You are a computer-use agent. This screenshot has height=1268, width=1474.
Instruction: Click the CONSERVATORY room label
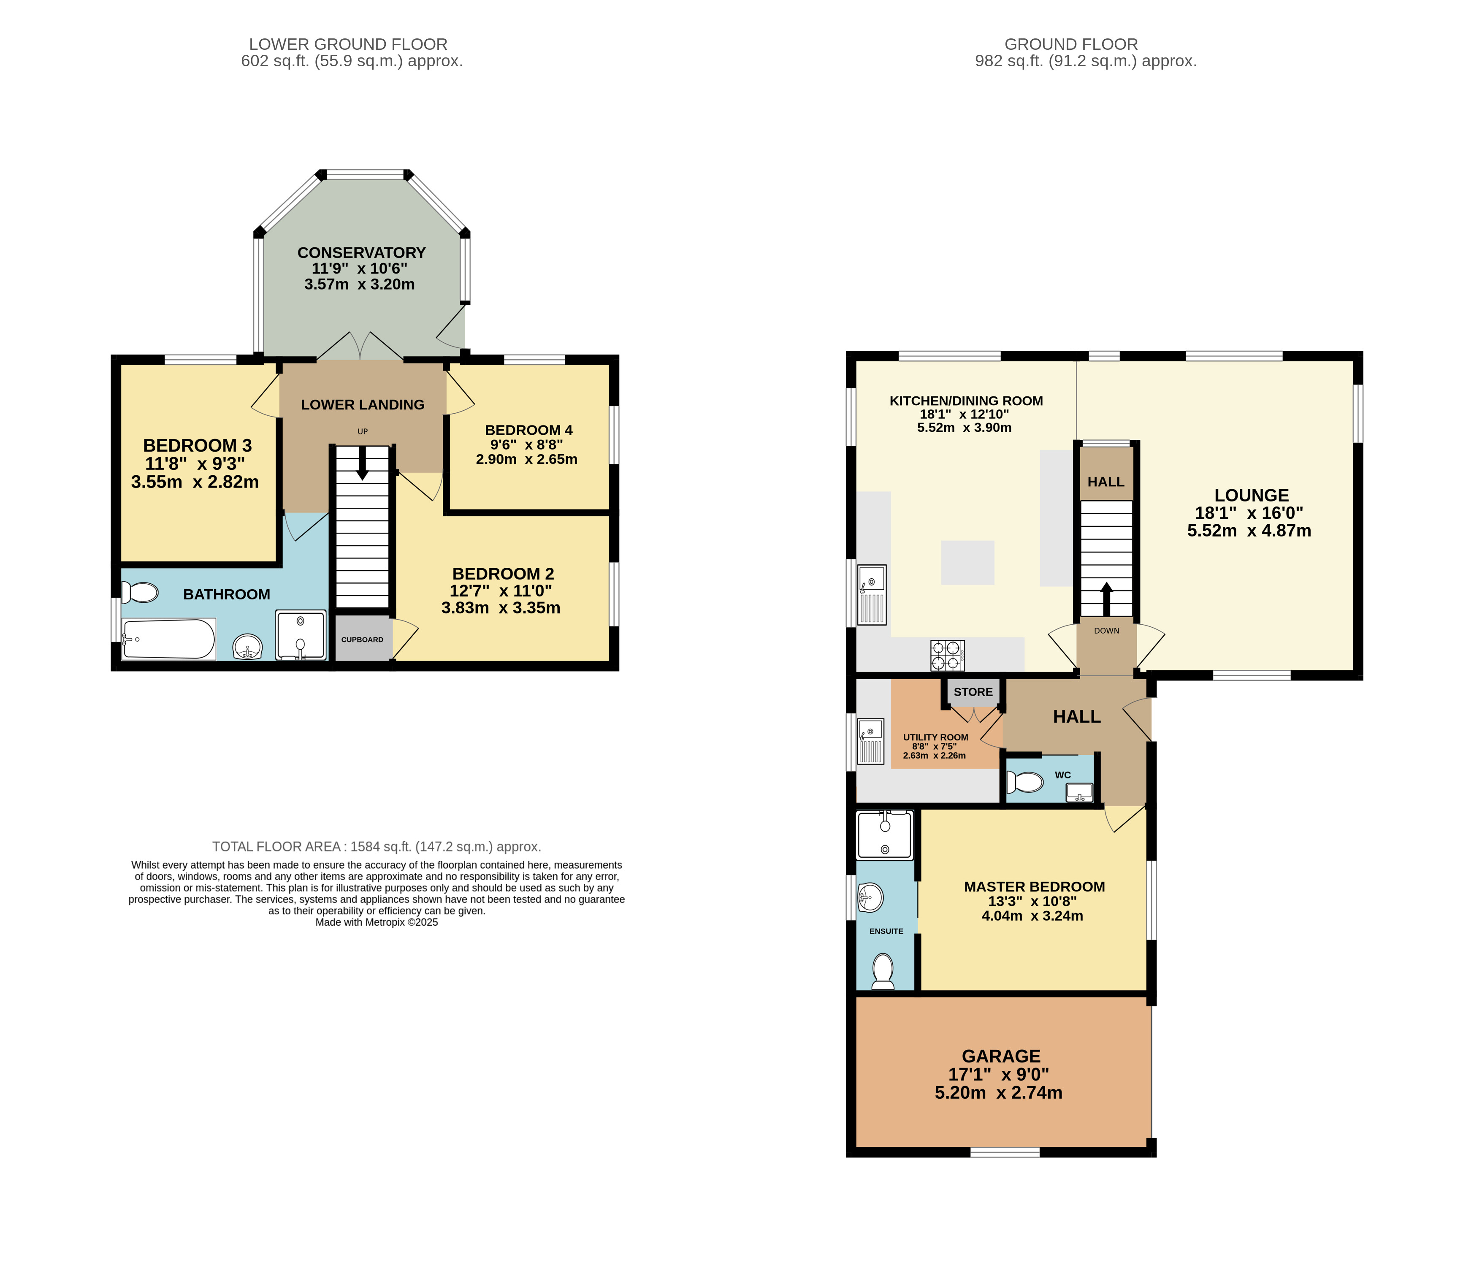[x=361, y=252]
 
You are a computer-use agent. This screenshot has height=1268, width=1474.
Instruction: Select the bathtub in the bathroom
[x=168, y=639]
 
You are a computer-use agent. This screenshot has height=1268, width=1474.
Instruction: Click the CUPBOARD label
[x=362, y=639]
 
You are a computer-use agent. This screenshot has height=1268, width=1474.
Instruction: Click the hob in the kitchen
[x=948, y=656]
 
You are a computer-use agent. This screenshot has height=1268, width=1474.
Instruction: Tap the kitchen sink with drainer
[x=872, y=595]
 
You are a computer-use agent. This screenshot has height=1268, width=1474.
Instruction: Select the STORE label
[x=973, y=692]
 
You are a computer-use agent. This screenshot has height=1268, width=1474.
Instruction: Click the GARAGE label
[x=1001, y=1056]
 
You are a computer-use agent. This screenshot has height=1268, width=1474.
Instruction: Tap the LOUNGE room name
[x=1251, y=495]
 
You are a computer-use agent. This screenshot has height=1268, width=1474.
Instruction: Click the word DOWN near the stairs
[x=1107, y=631]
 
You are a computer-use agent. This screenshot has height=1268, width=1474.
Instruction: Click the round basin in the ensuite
[x=871, y=897]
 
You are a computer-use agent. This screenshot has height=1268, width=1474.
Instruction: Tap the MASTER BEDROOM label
[x=1034, y=886]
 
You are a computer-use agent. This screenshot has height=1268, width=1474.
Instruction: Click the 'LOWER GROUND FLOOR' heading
[x=349, y=44]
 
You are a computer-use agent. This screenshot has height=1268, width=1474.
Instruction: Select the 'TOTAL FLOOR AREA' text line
[x=377, y=847]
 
